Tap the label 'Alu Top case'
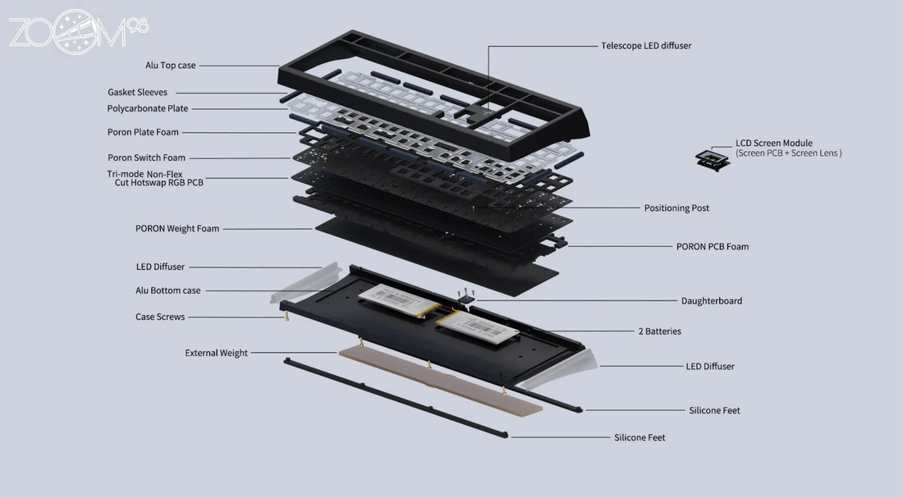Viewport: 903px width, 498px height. (171, 65)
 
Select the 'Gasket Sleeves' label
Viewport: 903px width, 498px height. (137, 93)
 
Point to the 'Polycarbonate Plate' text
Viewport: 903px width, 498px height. (147, 108)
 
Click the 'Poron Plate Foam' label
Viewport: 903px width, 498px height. (143, 132)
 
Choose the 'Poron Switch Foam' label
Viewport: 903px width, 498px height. (146, 158)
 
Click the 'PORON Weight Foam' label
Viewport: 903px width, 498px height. (177, 229)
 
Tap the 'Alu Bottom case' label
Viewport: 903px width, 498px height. (167, 290)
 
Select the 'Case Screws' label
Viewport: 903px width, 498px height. (160, 317)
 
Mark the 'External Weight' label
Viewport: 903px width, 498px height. (216, 353)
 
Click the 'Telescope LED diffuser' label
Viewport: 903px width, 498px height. (646, 46)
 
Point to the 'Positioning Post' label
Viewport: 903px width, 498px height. (676, 208)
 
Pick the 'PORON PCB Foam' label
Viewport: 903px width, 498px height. (712, 246)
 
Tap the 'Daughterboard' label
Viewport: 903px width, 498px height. (711, 301)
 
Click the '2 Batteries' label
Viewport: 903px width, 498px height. (659, 331)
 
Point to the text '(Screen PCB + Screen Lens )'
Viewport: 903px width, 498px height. (788, 153)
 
